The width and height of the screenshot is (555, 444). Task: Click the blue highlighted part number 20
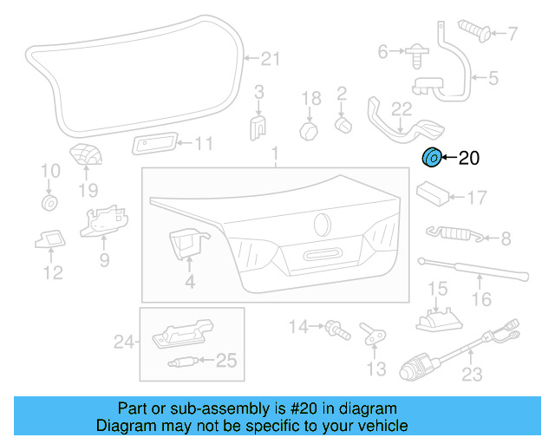tap(431, 158)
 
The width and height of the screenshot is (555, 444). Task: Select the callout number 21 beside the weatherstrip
tap(271, 59)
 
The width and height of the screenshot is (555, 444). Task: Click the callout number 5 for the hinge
tap(493, 78)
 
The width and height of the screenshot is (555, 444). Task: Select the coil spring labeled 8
tap(452, 232)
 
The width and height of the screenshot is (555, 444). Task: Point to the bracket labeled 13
tap(374, 332)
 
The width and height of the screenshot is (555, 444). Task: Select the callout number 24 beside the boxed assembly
tap(124, 343)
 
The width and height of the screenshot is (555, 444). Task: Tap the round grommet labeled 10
tap(49, 203)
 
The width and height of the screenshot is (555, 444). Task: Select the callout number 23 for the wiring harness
tap(472, 375)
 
